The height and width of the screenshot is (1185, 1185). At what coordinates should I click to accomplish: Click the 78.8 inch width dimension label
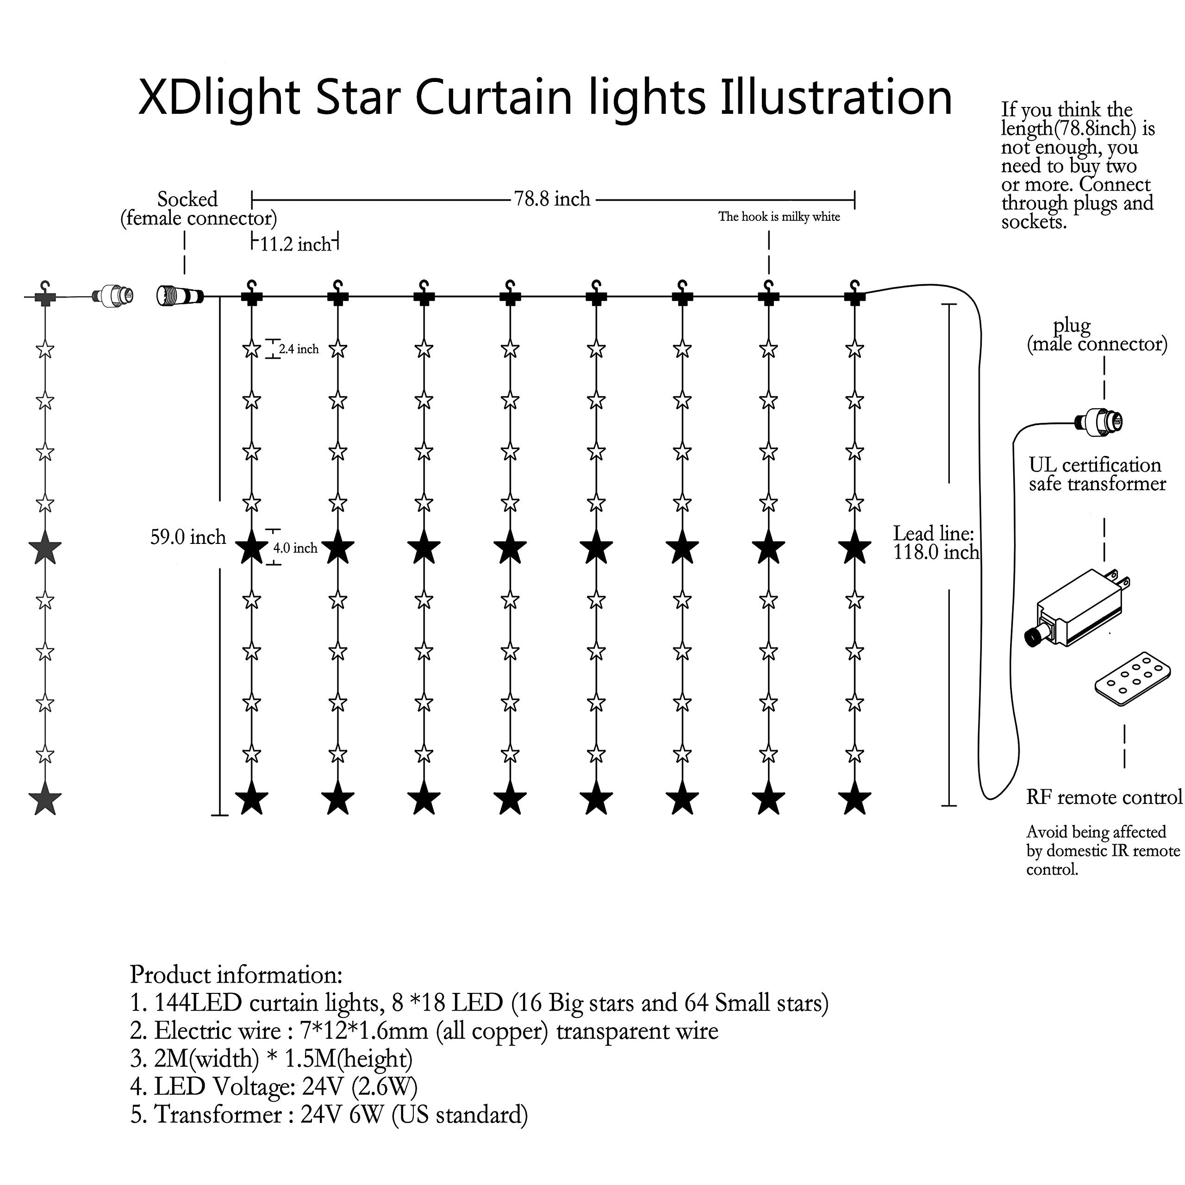tap(552, 200)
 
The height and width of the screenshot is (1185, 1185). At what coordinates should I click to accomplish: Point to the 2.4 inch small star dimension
tap(298, 349)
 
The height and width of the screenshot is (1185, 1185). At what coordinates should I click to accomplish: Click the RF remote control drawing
tap(1129, 679)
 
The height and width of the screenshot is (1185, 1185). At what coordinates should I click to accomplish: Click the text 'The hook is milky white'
tap(779, 217)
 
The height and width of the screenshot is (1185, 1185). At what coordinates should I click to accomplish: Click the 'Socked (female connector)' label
tap(198, 209)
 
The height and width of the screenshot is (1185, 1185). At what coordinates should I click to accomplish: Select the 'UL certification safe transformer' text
tap(1097, 474)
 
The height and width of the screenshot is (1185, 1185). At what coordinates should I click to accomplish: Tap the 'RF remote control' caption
tap(1104, 798)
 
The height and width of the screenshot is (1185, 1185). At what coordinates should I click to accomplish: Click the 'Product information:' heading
tap(236, 975)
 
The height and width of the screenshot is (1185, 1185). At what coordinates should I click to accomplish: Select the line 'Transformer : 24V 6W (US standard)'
tap(329, 1115)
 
